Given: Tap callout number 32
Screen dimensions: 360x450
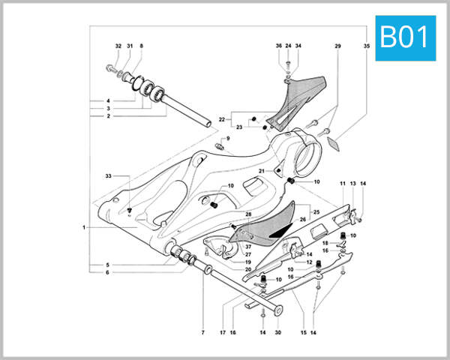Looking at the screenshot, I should coord(118,46).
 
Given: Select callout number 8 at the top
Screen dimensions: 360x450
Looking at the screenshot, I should coord(140,46).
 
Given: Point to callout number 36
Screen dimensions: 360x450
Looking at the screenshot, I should coord(278,46).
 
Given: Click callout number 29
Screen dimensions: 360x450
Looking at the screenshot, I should coord(337,46).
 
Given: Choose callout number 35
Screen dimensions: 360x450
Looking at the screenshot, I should coord(367,46).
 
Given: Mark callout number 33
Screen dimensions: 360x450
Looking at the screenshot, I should coord(108,176).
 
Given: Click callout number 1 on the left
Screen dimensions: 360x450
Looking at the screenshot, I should coord(85,227).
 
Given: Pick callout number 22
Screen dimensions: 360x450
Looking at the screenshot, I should coord(222,120).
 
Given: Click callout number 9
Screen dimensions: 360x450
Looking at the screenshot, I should coord(228,139).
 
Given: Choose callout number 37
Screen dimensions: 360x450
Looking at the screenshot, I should coord(248,246).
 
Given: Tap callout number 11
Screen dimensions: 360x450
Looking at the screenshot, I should coord(342,184).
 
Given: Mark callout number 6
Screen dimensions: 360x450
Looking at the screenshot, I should coord(108,272).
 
